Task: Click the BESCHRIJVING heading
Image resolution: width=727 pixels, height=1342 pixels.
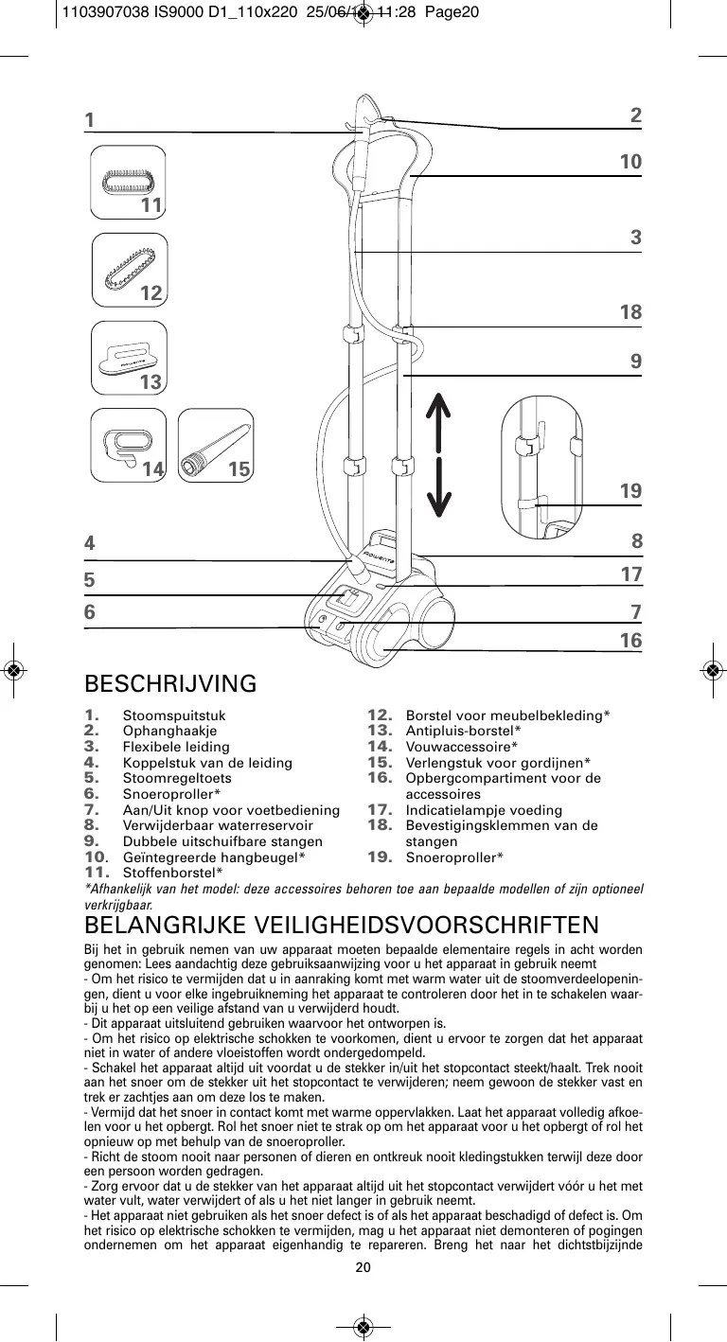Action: pos(170,683)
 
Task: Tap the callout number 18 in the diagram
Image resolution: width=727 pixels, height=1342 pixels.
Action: pos(630,312)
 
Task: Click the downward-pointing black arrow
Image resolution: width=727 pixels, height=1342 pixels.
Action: pos(437,494)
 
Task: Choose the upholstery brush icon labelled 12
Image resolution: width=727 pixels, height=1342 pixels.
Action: pos(130,268)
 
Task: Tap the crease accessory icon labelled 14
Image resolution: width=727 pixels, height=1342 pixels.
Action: pos(126,443)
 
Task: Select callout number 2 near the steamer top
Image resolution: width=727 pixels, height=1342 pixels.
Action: pos(635,115)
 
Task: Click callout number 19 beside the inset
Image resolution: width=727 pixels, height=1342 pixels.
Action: pos(630,491)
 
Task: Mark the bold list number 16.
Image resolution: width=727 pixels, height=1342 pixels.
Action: pos(380,778)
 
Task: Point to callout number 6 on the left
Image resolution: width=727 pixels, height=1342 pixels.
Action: pos(90,612)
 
